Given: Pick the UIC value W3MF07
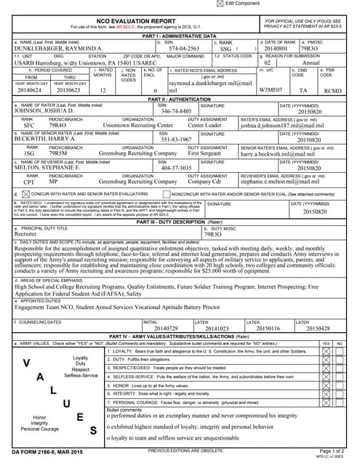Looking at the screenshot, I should click(270, 90).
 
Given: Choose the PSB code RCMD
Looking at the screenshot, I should click(333, 90).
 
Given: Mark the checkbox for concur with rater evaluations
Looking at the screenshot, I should click(25, 195).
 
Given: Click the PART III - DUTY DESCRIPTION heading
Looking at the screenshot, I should click(179, 221).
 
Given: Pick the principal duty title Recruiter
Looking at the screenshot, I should click(25, 235).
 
